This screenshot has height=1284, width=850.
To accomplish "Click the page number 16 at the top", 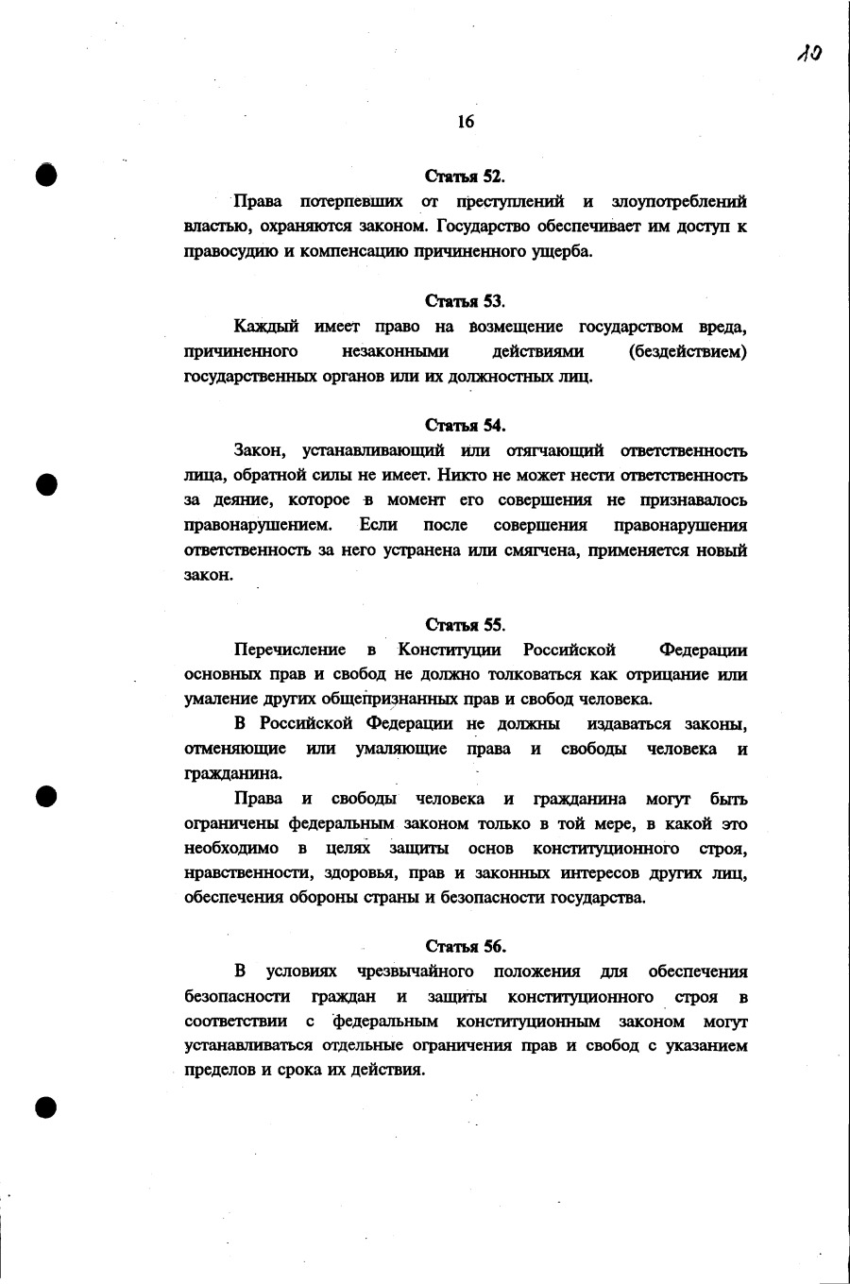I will click(x=465, y=121).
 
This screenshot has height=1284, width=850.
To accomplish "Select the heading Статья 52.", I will click(x=465, y=177).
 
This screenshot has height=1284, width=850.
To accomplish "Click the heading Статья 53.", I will click(x=465, y=301).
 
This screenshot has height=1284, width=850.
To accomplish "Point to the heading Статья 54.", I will click(x=465, y=425).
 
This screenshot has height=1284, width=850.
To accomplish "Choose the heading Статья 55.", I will click(x=465, y=625).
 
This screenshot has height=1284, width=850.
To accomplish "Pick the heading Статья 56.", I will click(x=465, y=946).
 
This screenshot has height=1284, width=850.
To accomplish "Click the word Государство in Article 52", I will click(x=488, y=227).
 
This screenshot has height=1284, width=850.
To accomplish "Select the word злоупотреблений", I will click(x=679, y=201).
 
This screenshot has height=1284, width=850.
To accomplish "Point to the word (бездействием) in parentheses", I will click(x=688, y=351).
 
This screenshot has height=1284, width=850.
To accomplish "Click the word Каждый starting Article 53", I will click(x=266, y=327).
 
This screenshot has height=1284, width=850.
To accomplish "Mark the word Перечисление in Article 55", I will click(x=290, y=650).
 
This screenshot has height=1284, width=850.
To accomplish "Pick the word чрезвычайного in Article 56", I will click(x=415, y=971).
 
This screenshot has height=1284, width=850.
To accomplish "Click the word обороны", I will click(x=328, y=897).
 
